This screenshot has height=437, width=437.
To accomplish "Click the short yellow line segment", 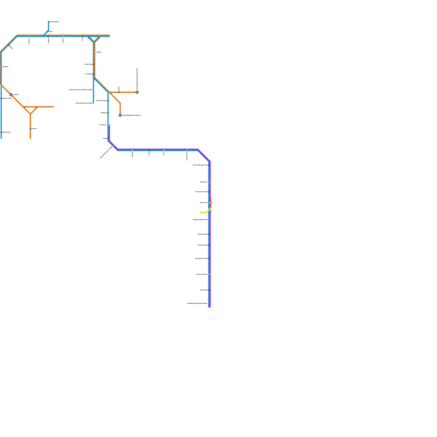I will click(x=203, y=212).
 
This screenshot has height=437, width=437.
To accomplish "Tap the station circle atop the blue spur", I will click(x=49, y=22).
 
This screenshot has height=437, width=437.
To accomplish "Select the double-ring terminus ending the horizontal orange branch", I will click(x=137, y=92).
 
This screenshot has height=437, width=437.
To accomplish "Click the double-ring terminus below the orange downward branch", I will click(x=120, y=115).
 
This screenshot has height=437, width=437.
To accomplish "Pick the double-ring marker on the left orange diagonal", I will click(x=11, y=95).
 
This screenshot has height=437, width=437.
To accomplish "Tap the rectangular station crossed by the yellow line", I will click(x=209, y=203).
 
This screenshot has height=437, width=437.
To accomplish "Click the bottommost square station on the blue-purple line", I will click(x=209, y=303).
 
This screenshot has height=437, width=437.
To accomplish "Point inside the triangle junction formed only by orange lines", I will click(x=30, y=109).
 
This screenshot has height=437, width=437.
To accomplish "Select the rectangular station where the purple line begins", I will click(x=108, y=125).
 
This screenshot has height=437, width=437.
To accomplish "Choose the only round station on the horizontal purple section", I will click(x=149, y=150).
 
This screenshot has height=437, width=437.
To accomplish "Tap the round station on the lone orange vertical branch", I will click(x=30, y=129).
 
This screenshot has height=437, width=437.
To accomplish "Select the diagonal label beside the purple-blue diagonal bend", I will click(x=106, y=152).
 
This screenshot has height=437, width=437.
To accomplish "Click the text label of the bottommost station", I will click(x=197, y=303).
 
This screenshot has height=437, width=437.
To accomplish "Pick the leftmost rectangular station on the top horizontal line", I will click(x=29, y=36).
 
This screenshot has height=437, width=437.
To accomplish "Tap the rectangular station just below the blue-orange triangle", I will click(x=94, y=52).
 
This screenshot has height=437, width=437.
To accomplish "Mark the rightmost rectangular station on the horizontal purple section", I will click(x=187, y=150).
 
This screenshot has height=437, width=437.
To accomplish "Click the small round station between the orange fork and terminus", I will click(x=119, y=92).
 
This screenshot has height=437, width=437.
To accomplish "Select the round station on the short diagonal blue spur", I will click(x=47, y=32).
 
